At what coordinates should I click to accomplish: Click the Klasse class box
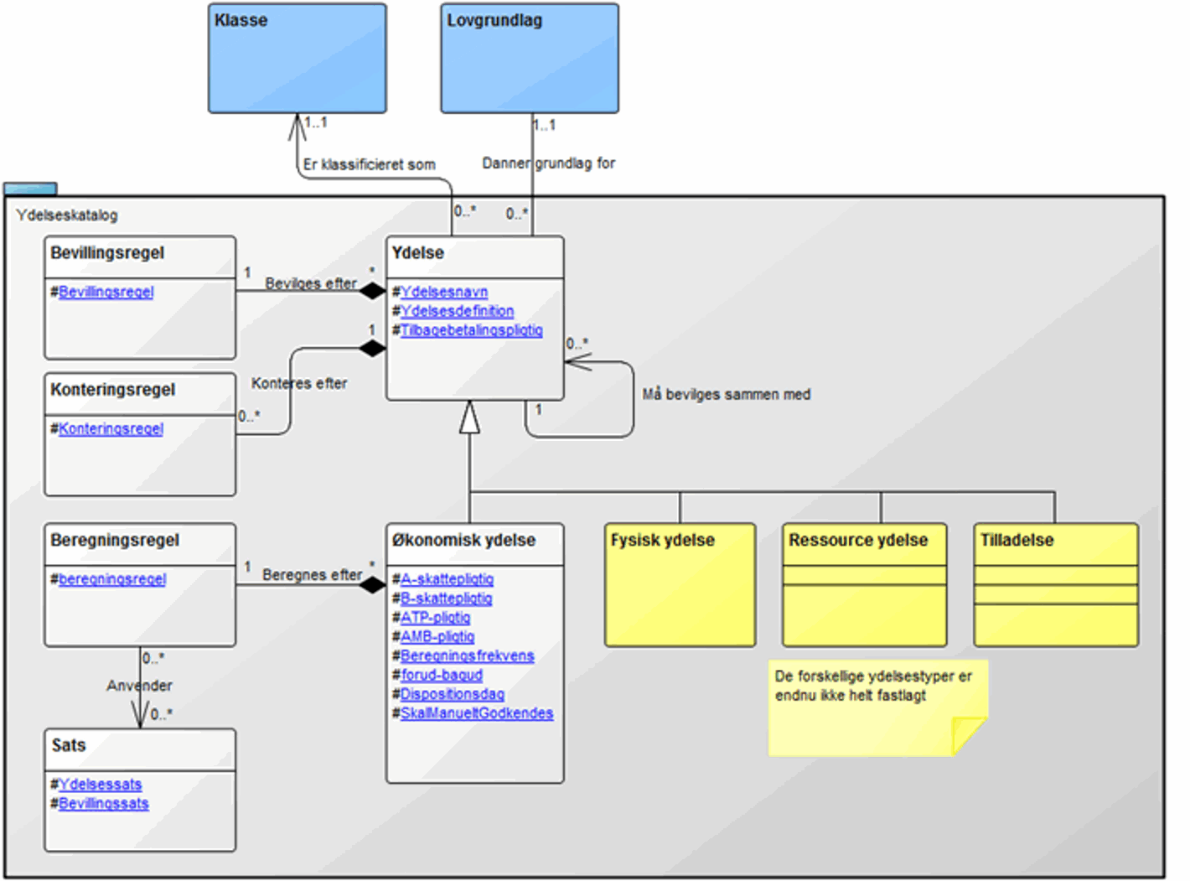tap(297, 59)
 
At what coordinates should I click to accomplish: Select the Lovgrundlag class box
tap(530, 59)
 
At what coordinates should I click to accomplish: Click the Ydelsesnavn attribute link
tap(444, 292)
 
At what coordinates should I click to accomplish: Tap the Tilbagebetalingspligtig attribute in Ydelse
tap(471, 330)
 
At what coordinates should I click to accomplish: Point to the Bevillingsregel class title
tap(107, 253)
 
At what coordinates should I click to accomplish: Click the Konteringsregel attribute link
tap(111, 428)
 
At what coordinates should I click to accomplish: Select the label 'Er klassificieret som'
tap(370, 164)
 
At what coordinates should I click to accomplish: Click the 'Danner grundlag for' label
tap(549, 163)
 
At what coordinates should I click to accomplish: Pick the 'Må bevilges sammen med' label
tap(727, 394)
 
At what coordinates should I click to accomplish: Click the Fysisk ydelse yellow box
tap(680, 585)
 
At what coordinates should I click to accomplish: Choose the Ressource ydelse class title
tap(858, 541)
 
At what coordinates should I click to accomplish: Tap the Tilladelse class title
tap(1017, 541)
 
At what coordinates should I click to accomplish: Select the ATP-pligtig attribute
tap(435, 618)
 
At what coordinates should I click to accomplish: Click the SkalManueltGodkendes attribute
tap(476, 713)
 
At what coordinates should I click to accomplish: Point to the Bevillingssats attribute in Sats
tap(103, 804)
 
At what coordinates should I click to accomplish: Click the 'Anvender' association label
tap(139, 686)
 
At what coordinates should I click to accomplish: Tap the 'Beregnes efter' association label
tap(312, 575)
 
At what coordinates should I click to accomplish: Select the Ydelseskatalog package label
tap(67, 215)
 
